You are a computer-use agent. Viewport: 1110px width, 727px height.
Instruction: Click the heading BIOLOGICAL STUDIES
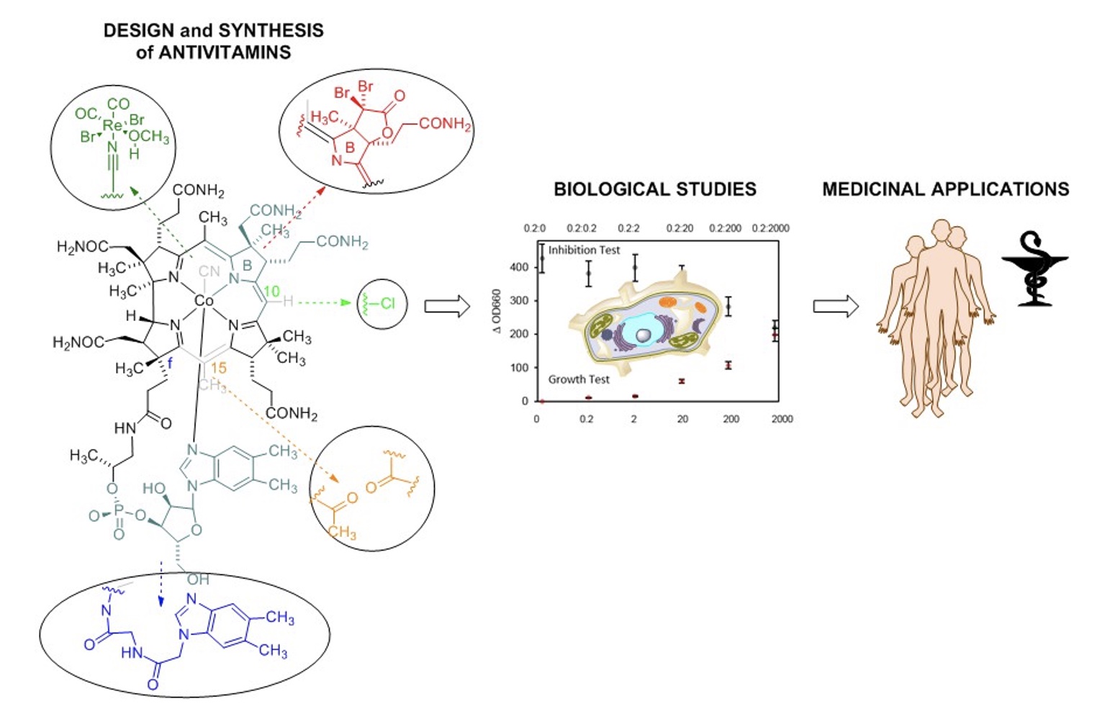click(654, 189)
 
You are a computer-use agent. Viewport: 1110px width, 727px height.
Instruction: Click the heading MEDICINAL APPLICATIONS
click(945, 189)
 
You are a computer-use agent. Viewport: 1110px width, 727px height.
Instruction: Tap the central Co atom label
click(204, 301)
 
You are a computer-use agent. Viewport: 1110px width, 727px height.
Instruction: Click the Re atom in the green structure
click(113, 126)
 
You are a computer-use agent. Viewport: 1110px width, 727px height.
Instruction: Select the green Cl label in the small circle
click(388, 303)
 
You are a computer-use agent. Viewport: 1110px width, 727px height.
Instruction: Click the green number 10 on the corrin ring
click(271, 292)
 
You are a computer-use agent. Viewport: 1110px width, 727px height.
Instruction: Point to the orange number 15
click(218, 368)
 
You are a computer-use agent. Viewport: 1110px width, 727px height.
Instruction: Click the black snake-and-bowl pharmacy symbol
click(1034, 268)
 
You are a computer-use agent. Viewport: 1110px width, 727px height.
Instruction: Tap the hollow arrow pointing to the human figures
click(836, 306)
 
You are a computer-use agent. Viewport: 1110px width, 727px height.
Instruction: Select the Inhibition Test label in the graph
click(584, 250)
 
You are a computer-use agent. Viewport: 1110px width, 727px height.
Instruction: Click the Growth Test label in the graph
click(579, 379)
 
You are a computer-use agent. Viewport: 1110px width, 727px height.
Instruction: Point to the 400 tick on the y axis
click(520, 267)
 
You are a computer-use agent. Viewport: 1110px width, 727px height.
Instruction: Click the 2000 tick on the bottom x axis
click(782, 419)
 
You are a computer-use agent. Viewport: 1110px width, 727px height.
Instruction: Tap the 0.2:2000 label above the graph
click(770, 228)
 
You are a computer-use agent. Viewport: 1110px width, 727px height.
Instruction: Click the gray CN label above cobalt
click(209, 271)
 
